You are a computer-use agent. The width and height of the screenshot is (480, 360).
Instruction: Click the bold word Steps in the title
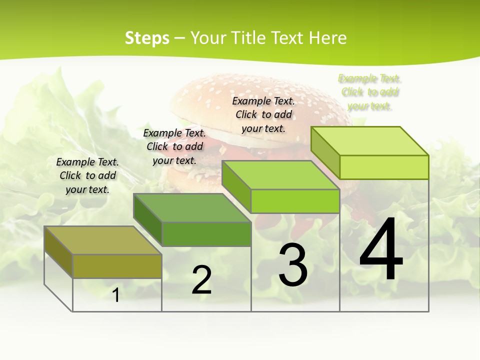(147, 38)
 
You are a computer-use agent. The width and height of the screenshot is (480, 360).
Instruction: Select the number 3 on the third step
(293, 265)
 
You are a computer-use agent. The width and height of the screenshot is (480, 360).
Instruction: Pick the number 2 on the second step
(201, 280)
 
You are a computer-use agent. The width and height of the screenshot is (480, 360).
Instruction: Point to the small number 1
(116, 295)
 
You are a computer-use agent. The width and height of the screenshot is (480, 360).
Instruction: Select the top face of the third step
(280, 175)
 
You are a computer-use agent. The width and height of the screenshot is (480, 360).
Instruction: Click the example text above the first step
(87, 175)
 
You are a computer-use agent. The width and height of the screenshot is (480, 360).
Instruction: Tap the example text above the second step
(174, 146)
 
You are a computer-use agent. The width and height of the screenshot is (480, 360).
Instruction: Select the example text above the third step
(263, 114)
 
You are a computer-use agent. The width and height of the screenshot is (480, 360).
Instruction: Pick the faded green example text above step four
(370, 92)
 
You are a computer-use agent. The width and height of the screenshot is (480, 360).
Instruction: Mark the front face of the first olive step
(117, 266)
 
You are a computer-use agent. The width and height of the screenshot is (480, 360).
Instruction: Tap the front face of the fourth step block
(384, 167)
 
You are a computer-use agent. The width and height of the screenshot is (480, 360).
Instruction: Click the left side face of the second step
(148, 220)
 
